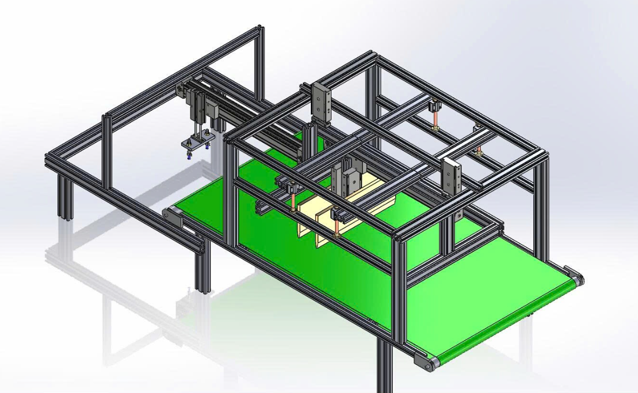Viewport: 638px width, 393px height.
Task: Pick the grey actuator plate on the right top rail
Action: [452, 176]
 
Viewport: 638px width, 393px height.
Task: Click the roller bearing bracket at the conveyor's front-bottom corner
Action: [425, 362]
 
